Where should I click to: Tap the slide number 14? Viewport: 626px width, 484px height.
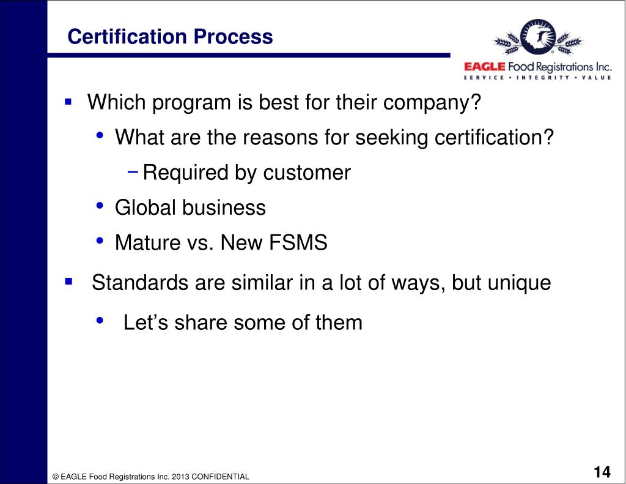click(x=602, y=472)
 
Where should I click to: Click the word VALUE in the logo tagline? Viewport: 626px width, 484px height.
click(x=594, y=78)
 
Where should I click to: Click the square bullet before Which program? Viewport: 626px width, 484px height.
click(x=68, y=99)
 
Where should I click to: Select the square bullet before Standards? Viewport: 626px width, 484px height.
click(x=68, y=282)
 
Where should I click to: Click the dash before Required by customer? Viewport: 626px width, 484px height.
click(x=133, y=171)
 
